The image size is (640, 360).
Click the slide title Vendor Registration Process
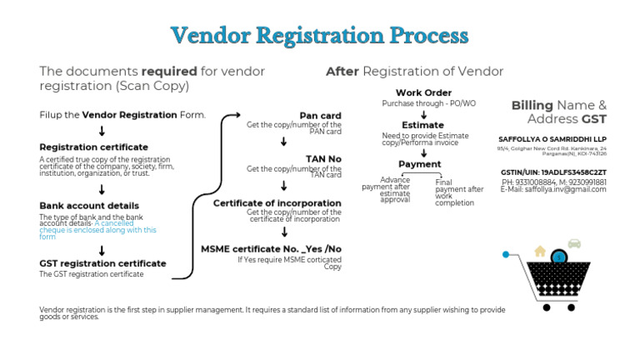(319, 36)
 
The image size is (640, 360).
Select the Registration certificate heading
(93, 147)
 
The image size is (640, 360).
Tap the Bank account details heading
(89, 206)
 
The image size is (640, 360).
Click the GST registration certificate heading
(102, 263)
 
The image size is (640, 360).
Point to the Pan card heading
(320, 116)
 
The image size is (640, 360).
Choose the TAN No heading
(323, 159)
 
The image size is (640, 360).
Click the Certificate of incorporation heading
(277, 203)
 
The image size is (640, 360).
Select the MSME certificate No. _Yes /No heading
(271, 249)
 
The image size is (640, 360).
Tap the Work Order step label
(423, 92)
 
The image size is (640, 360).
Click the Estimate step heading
(422, 125)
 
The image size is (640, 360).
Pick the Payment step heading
(419, 164)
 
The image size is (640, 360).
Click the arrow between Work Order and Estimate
(423, 114)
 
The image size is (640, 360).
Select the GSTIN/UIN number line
(553, 172)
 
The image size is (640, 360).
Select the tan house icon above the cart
(540, 250)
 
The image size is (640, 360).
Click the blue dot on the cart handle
(506, 252)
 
